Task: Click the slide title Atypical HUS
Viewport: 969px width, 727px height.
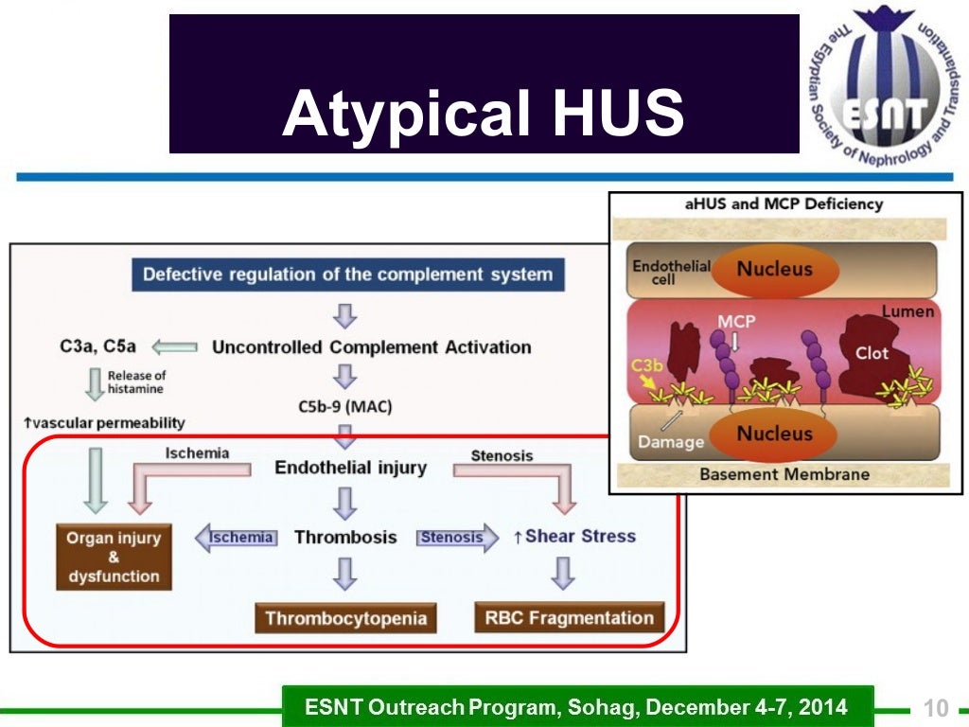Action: pyautogui.click(x=483, y=114)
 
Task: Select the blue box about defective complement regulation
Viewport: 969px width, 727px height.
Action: pyautogui.click(x=347, y=275)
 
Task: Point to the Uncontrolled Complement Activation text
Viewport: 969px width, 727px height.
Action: pyautogui.click(x=371, y=346)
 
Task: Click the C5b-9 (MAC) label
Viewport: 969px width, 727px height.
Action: pyautogui.click(x=345, y=407)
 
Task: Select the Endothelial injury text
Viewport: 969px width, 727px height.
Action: pyautogui.click(x=350, y=467)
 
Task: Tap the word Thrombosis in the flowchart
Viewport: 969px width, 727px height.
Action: pyautogui.click(x=345, y=537)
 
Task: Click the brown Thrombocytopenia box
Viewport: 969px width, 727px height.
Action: pyautogui.click(x=345, y=618)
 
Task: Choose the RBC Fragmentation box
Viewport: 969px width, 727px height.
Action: pyautogui.click(x=570, y=618)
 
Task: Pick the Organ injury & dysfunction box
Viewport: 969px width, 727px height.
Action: pyautogui.click(x=114, y=557)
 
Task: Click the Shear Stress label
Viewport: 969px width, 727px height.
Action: pyautogui.click(x=580, y=536)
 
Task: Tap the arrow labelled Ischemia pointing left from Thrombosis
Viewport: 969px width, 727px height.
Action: pyautogui.click(x=236, y=538)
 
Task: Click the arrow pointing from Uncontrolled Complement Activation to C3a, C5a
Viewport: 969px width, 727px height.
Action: pyautogui.click(x=174, y=346)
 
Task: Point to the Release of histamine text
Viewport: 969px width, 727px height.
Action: pyautogui.click(x=135, y=381)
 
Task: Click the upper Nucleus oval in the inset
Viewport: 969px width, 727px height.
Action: pyautogui.click(x=774, y=269)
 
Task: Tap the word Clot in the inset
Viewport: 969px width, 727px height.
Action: pyautogui.click(x=872, y=352)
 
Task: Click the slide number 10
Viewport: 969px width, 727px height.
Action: pyautogui.click(x=935, y=708)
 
